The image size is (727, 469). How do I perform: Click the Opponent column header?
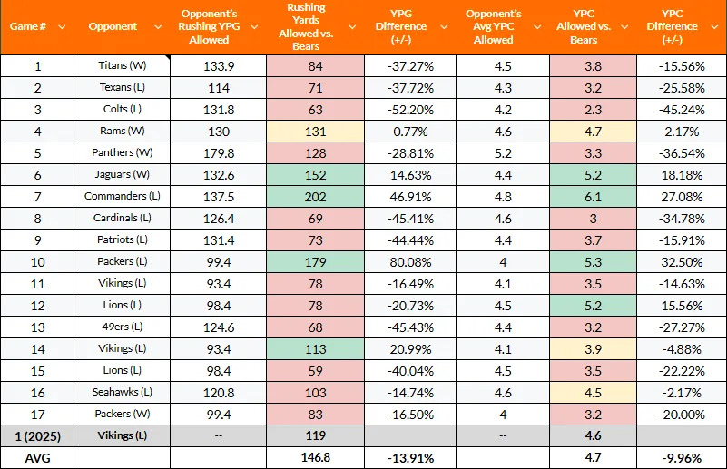click(x=113, y=26)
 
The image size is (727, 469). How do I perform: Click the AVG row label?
click(x=37, y=457)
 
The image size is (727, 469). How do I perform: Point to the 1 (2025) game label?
click(x=37, y=435)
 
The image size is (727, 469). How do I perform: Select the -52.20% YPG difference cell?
click(x=408, y=109)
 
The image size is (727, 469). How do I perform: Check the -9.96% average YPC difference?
click(x=681, y=457)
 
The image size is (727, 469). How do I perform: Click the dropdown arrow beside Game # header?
click(x=62, y=26)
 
